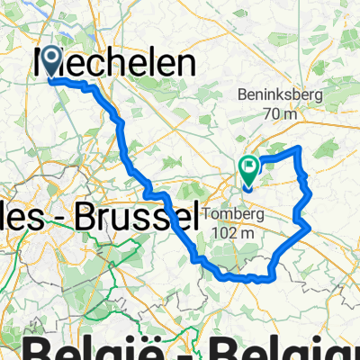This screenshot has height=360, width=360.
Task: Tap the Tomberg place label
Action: coord(237,213)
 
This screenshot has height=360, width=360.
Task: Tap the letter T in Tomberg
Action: coord(210,213)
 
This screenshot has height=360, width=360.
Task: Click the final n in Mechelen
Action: coord(186,62)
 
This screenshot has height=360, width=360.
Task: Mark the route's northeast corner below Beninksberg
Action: coord(299,148)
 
